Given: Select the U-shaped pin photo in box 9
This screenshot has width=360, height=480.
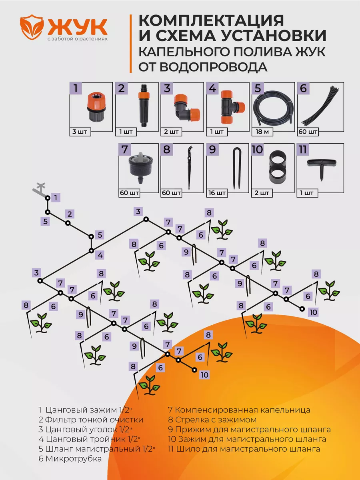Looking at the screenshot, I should [x=235, y=168].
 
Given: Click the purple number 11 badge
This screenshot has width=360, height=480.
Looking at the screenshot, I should [x=303, y=150].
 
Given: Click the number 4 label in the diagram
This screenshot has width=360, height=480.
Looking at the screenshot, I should [x=100, y=255].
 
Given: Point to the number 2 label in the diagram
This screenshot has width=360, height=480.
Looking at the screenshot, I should [x=70, y=214].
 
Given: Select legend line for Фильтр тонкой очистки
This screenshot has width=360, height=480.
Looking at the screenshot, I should [x=91, y=420].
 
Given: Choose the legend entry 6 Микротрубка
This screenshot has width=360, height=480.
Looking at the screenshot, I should [x=70, y=459].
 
